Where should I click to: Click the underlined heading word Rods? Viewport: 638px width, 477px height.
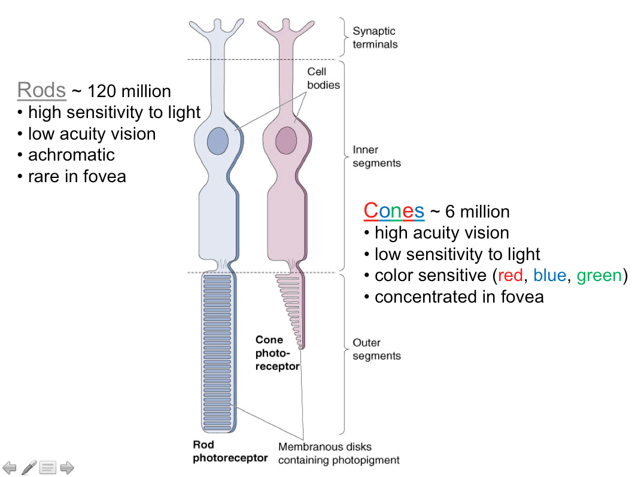(41, 90)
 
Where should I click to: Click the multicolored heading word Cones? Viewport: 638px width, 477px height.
(394, 211)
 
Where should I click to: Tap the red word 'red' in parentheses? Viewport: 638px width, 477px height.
(510, 276)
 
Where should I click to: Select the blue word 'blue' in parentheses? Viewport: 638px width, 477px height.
(549, 276)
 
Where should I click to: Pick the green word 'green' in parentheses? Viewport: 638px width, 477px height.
(599, 276)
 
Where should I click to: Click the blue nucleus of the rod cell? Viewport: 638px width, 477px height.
(218, 141)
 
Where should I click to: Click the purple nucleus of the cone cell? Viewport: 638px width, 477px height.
(286, 141)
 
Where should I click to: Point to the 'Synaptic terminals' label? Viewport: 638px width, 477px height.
(375, 38)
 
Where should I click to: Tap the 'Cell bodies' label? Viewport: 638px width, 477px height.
(323, 79)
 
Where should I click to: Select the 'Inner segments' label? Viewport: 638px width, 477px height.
(376, 156)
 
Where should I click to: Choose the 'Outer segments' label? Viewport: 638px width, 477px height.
(376, 349)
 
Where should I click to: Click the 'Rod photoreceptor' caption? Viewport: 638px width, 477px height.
(230, 451)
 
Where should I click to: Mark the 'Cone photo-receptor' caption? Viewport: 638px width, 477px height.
(277, 353)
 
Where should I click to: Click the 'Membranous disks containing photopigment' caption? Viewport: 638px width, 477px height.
(338, 454)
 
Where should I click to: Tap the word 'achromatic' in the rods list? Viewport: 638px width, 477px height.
(71, 155)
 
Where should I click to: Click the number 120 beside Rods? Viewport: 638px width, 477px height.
(102, 91)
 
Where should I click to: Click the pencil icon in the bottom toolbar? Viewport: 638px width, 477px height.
(29, 467)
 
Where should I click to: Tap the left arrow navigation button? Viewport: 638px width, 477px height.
(10, 467)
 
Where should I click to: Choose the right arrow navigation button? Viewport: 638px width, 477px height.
(67, 467)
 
